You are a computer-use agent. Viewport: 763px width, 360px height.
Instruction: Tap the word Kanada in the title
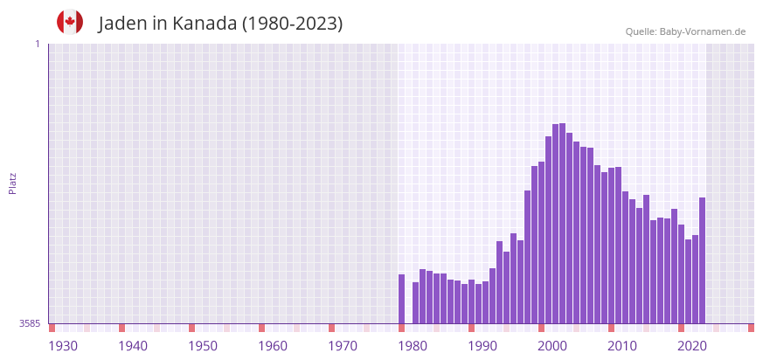click(x=204, y=24)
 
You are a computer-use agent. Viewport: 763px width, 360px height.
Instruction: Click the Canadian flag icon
click(x=70, y=22)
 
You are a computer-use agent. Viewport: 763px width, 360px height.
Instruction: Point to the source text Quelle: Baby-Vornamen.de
click(x=685, y=31)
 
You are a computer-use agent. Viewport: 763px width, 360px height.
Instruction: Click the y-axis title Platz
click(x=12, y=183)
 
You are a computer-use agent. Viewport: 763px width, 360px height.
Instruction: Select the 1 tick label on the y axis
click(x=37, y=44)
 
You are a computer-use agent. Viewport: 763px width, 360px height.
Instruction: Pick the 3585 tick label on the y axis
click(x=30, y=323)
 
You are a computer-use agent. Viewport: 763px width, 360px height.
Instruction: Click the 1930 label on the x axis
click(x=63, y=346)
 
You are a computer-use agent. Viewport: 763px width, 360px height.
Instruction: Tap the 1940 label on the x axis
click(x=133, y=346)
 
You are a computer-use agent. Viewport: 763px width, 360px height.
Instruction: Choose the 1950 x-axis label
click(x=203, y=346)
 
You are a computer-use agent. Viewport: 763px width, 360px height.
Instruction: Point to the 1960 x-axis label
click(x=273, y=346)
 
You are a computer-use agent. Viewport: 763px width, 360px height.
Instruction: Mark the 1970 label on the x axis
click(x=343, y=346)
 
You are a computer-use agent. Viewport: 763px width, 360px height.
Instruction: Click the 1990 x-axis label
click(x=482, y=346)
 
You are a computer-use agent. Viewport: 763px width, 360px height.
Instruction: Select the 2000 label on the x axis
click(x=552, y=346)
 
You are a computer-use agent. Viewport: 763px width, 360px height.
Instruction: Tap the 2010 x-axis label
click(x=622, y=346)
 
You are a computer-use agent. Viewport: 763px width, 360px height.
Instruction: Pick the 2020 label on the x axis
click(x=692, y=346)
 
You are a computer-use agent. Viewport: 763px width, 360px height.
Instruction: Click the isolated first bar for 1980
click(x=402, y=299)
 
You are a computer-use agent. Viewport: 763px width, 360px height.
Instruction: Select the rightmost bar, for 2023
click(x=702, y=260)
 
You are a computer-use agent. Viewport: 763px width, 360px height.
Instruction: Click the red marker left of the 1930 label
click(x=52, y=328)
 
